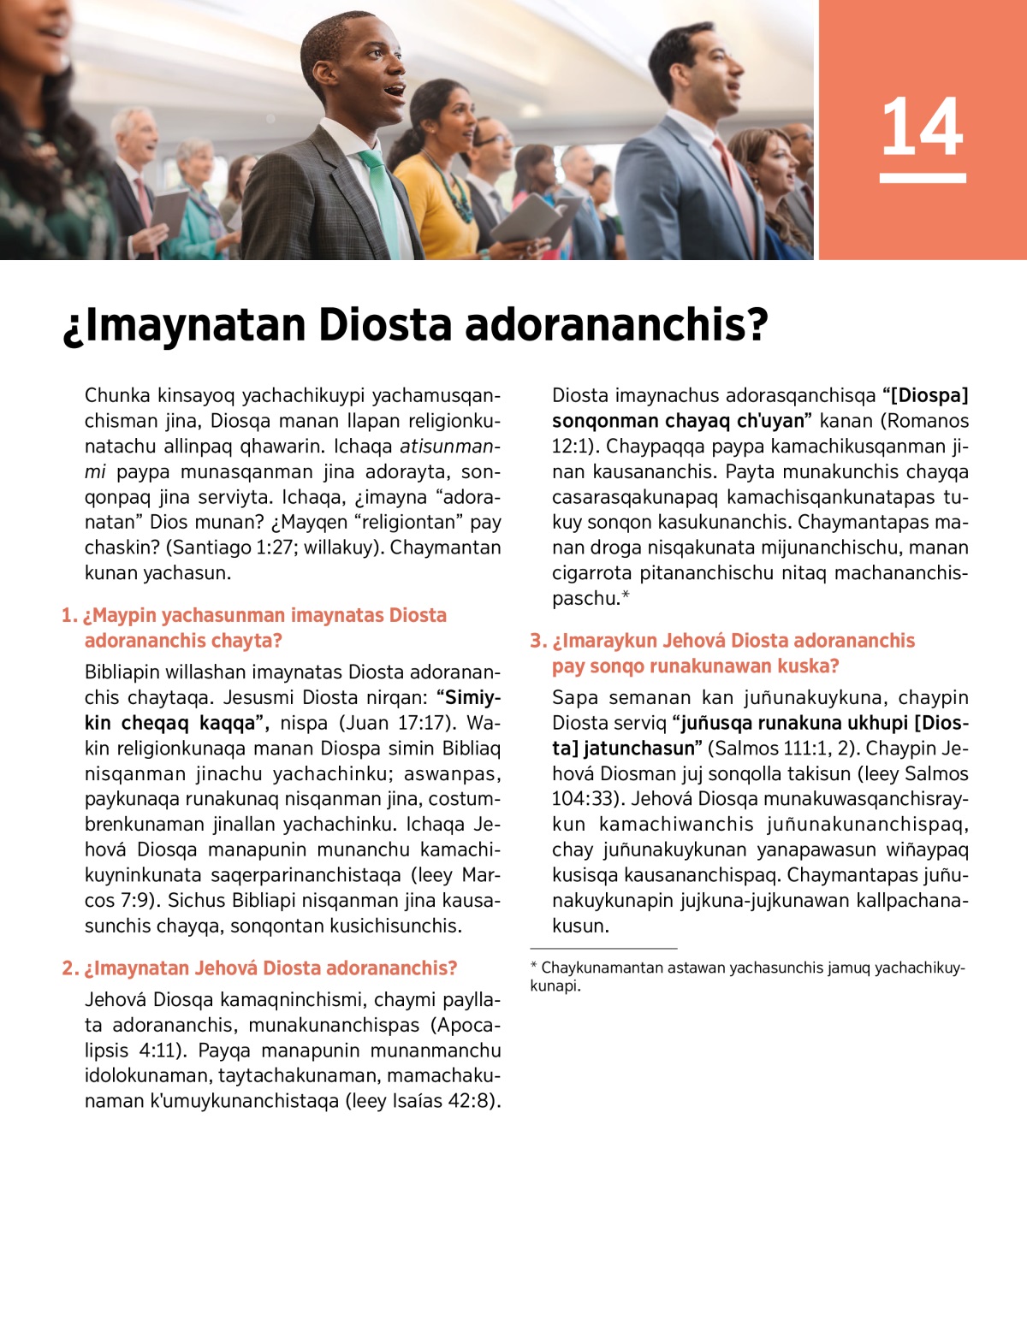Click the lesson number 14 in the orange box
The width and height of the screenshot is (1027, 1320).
coord(922,127)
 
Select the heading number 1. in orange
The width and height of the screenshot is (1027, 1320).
coord(68,615)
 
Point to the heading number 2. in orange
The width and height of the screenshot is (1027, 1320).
coord(70,968)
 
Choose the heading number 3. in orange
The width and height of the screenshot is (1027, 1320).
coord(537,641)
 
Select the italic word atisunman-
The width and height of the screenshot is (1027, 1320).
coord(450,447)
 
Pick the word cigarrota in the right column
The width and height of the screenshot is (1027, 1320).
coord(595,573)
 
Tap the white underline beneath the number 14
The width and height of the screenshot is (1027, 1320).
coord(922,178)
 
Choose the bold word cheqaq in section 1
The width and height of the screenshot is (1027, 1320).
coord(154,723)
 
